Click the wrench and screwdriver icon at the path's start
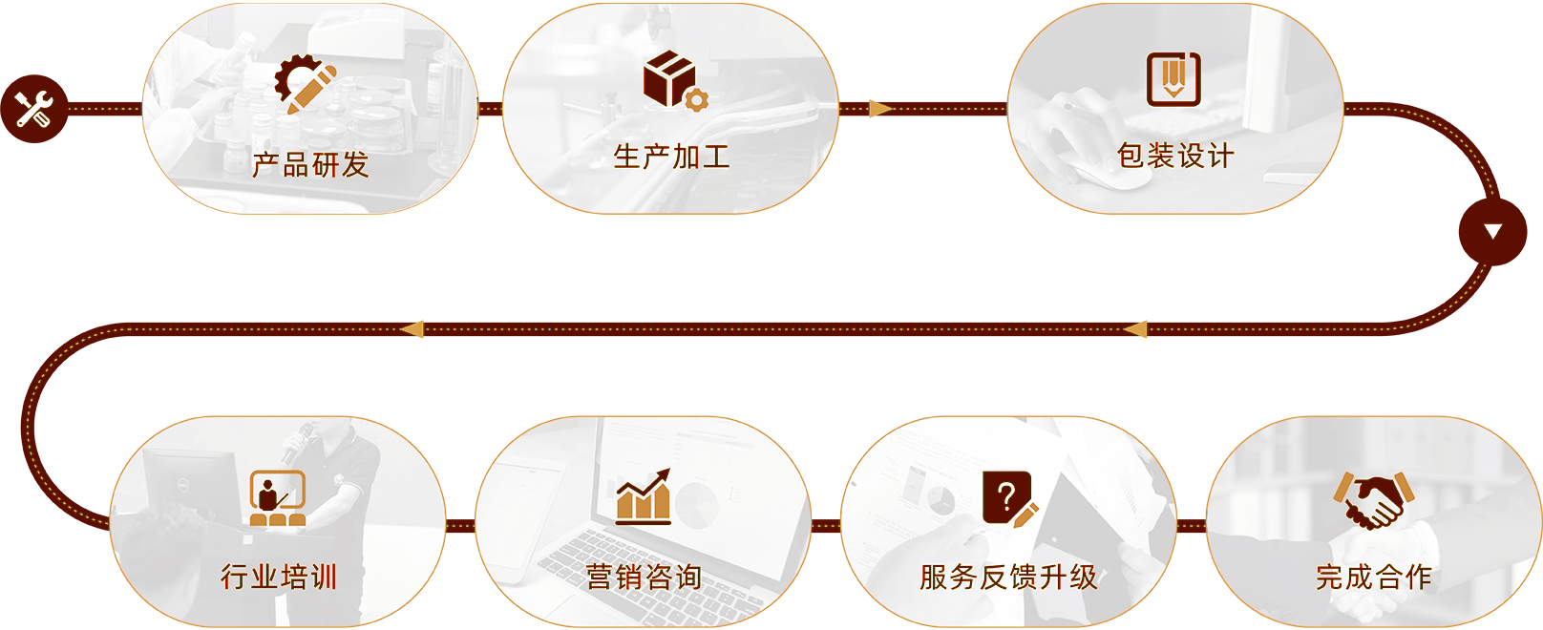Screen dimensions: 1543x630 click(33, 109)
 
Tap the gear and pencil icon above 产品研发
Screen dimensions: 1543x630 click(306, 84)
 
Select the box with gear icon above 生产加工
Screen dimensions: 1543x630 click(675, 80)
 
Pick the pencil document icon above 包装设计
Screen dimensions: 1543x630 click(1173, 79)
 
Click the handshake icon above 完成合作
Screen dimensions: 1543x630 click(1374, 500)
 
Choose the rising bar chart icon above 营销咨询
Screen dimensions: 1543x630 click(644, 497)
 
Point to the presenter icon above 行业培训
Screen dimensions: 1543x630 click(278, 498)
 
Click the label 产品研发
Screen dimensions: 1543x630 click(310, 165)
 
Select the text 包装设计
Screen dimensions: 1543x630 click(1175, 156)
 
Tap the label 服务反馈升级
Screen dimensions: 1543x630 click(1008, 577)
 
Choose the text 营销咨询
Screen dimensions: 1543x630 click(644, 577)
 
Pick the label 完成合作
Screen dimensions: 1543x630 click(1374, 577)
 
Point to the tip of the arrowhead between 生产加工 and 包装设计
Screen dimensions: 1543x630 click(893, 109)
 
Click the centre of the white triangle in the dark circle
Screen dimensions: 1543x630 click(1492, 232)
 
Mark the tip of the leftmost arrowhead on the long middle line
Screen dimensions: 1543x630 click(400, 329)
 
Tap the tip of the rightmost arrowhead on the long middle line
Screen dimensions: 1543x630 click(1123, 329)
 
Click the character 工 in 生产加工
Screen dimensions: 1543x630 click(716, 157)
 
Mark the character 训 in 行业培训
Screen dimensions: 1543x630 click(323, 577)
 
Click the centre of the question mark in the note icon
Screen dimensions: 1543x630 click(1006, 495)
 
